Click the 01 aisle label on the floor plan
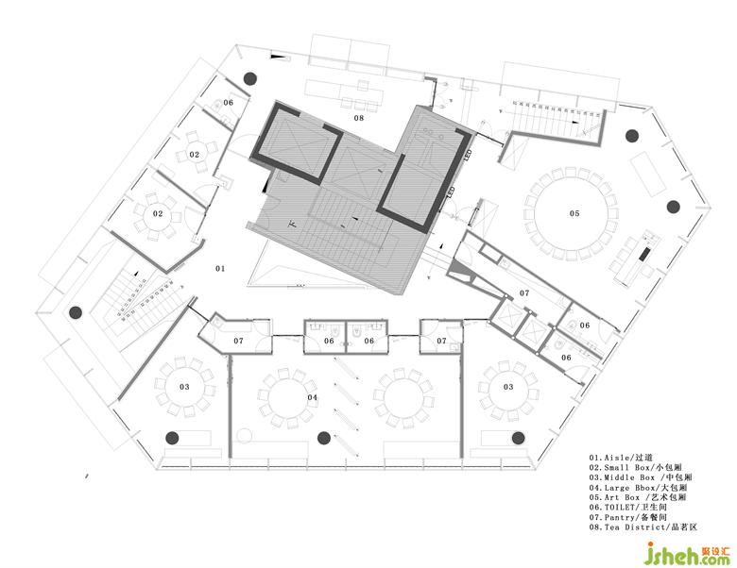pos(220,269)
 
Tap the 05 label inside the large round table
pos(574,213)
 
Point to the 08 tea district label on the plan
pos(359,118)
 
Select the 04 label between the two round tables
pos(312,397)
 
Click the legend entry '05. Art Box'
pos(638,497)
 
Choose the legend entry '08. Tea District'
pos(643,527)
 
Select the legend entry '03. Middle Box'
pos(641,477)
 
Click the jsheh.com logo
pos(688,555)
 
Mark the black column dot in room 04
pos(323,438)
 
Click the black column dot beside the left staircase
pos(76,312)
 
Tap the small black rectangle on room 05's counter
pos(644,254)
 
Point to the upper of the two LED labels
pos(468,156)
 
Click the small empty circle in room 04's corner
pos(245,436)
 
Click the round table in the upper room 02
pos(195,154)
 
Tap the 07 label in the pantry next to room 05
pos(524,292)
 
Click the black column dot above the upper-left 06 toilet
pos(250,78)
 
